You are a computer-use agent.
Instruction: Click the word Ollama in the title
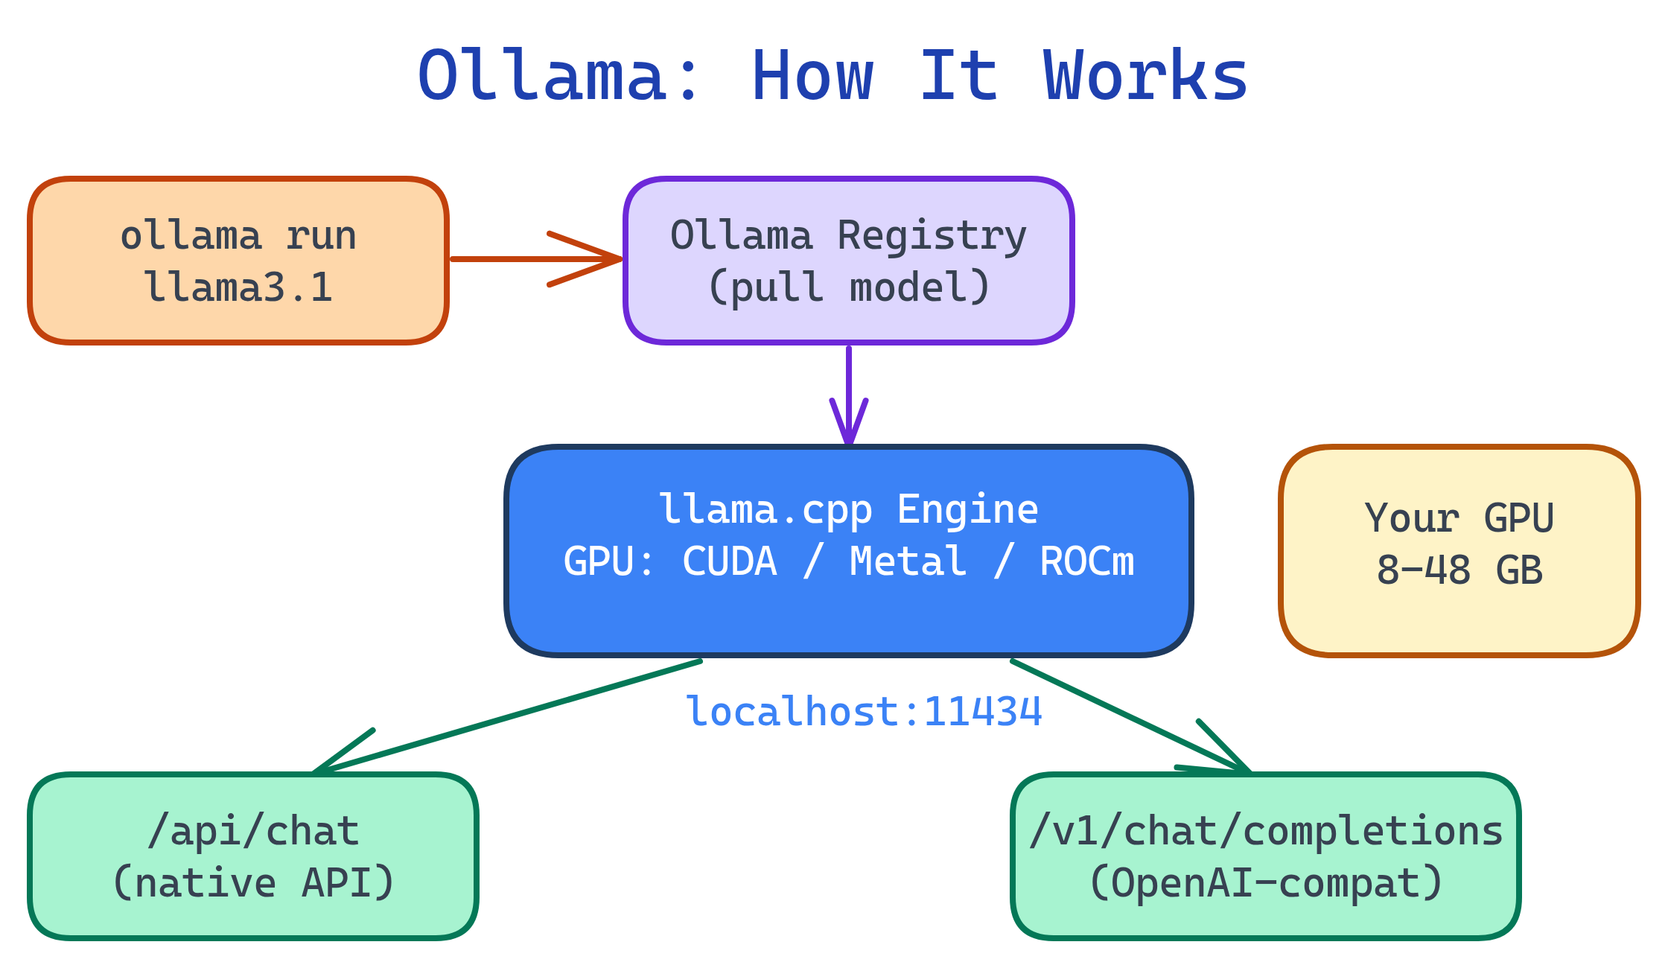pyautogui.click(x=541, y=76)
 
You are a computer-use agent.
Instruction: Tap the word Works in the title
pyautogui.click(x=1145, y=76)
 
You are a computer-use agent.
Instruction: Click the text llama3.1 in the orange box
pyautogui.click(x=238, y=287)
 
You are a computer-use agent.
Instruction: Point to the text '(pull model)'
pyautogui.click(x=848, y=287)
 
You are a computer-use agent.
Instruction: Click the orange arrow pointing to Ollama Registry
pyautogui.click(x=536, y=259)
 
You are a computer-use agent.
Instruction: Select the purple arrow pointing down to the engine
pyautogui.click(x=849, y=395)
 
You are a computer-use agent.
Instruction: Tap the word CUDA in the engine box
pyautogui.click(x=730, y=561)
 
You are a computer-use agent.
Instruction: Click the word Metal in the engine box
pyautogui.click(x=908, y=561)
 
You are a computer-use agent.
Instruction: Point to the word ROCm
pyautogui.click(x=1086, y=561)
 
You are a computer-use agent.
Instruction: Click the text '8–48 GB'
pyautogui.click(x=1459, y=570)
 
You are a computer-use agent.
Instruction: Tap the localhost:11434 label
pyautogui.click(x=864, y=712)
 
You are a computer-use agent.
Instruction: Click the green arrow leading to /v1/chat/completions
pyautogui.click(x=1132, y=718)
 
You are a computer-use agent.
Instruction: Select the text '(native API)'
pyautogui.click(x=253, y=883)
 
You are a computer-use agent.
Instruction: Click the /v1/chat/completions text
pyautogui.click(x=1265, y=831)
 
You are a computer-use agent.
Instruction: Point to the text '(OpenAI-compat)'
pyautogui.click(x=1265, y=883)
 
